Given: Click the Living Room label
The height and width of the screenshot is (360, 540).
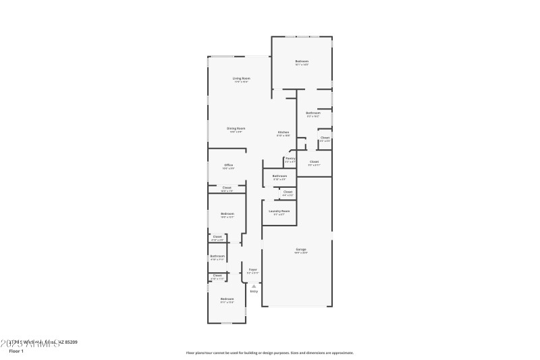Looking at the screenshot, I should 241,78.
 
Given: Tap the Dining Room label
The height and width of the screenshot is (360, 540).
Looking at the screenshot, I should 236,128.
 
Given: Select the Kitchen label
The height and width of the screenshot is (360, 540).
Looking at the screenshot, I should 283,132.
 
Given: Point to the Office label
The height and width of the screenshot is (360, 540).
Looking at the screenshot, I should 228,165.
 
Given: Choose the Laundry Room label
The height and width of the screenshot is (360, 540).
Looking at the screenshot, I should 279,211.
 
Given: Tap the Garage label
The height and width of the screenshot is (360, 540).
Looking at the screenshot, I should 300,249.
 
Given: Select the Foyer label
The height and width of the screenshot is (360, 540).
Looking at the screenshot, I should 252,269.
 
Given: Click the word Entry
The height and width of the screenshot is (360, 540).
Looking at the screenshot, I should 254,291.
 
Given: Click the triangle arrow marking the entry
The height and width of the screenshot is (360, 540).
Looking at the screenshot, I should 254,286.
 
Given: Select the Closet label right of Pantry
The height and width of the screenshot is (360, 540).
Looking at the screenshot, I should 314,161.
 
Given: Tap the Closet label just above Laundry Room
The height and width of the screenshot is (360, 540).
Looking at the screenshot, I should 288,192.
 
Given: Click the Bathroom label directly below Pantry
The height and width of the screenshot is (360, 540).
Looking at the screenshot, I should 279,176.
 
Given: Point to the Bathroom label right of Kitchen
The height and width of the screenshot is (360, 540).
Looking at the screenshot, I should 313,113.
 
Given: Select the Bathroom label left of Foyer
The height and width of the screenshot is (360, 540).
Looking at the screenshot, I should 217,256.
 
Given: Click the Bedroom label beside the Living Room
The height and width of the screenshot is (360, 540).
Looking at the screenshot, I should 302,61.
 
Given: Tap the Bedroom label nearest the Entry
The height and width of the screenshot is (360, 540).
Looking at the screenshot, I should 227,299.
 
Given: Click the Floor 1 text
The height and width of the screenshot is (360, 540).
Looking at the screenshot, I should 16,351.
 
